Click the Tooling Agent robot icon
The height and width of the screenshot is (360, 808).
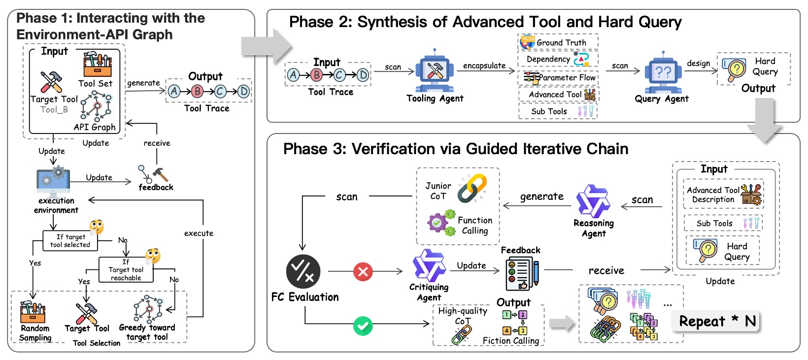(x=434, y=72)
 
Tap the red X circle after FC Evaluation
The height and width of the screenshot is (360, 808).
(x=363, y=271)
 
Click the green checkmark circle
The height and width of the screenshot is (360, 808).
(x=363, y=326)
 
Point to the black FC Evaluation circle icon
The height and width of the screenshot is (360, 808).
(x=303, y=271)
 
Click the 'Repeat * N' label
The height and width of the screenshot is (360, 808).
(x=717, y=321)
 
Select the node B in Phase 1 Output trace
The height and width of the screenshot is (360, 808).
(x=197, y=91)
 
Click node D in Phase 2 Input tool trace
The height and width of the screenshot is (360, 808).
(x=363, y=75)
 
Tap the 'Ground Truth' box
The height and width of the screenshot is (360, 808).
(x=558, y=42)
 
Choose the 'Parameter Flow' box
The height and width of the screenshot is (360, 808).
(x=559, y=77)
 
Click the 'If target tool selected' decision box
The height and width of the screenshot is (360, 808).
(x=70, y=240)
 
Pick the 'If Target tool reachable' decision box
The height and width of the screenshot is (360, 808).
(x=126, y=270)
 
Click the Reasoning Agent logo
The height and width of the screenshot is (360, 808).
(x=593, y=201)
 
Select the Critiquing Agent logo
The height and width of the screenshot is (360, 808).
(x=429, y=265)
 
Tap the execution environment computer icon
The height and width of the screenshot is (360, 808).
(x=53, y=181)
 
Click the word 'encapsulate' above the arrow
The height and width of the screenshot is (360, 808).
(x=484, y=65)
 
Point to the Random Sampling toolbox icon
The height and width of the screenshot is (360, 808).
(x=33, y=312)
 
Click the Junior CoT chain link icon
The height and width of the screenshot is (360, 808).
(x=472, y=188)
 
